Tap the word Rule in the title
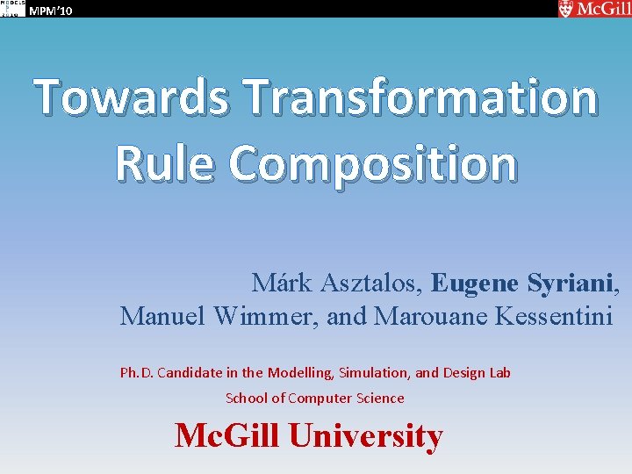tap(162, 164)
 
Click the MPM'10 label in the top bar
tap(51, 11)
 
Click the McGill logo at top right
tap(592, 9)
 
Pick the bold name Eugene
tap(475, 283)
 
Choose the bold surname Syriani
tap(571, 283)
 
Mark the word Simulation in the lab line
tap(373, 373)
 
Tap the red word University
tap(366, 435)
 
